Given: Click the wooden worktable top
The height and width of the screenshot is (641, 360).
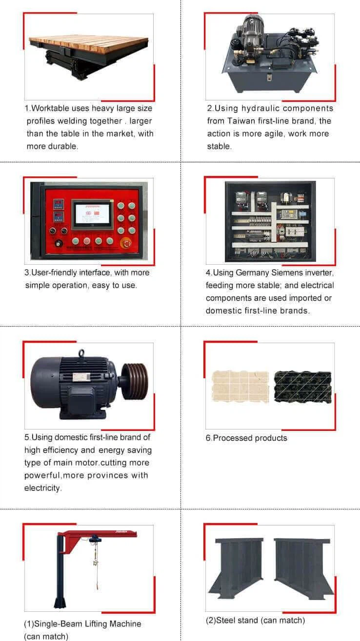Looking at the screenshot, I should (88, 44).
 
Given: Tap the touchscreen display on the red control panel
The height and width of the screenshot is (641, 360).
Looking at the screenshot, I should (92, 214).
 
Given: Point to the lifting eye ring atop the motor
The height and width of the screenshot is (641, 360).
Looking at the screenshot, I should (81, 353).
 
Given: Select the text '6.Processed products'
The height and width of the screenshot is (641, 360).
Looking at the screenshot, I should (246, 438).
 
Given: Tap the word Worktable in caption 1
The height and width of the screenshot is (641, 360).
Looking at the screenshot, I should (49, 108).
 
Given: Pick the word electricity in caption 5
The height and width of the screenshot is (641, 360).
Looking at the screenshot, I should (43, 488).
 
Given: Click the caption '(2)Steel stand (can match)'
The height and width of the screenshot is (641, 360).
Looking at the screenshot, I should (255, 620).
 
